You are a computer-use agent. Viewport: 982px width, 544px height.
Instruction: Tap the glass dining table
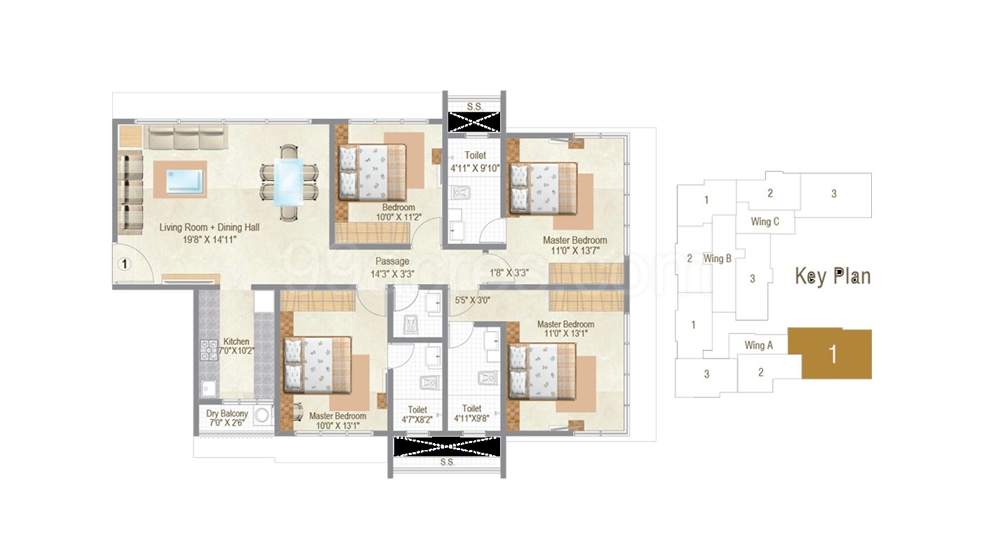pos(288,182)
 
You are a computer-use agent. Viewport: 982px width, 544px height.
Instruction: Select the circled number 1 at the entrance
pos(125,264)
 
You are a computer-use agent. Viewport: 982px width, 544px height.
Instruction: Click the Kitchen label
pos(236,341)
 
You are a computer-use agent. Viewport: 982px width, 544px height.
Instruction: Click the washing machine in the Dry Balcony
pos(262,415)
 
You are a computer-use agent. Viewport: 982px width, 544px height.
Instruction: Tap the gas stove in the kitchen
pos(209,351)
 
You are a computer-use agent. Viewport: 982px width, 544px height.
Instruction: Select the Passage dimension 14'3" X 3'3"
pos(392,274)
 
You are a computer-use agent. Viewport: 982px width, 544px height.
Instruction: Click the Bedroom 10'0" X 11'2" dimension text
pos(398,217)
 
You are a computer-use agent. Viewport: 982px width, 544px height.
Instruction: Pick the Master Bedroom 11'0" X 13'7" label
pos(574,245)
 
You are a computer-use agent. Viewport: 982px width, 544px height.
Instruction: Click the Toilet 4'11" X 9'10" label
pos(476,161)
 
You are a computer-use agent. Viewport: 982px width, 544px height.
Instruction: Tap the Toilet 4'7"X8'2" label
pos(417,414)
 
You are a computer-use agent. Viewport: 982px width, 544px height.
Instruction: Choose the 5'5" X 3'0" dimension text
pos(472,301)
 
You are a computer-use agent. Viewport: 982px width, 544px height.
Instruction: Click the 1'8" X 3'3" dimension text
pos(509,273)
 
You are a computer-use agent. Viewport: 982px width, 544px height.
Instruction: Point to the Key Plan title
pos(833,276)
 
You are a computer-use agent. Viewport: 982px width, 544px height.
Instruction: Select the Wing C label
pos(765,222)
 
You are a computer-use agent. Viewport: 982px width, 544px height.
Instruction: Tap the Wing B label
pos(717,259)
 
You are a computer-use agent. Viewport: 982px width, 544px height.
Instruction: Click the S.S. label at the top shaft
pos(475,107)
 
